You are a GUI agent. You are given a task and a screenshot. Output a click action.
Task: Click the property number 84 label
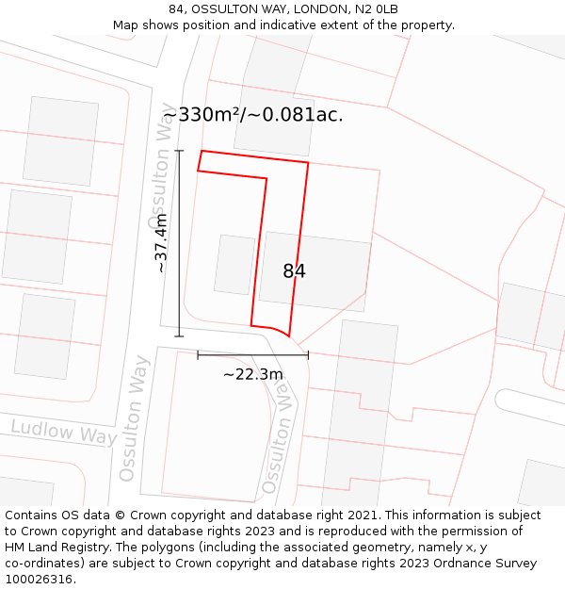tap(294, 271)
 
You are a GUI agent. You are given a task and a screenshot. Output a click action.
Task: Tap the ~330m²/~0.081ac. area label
tap(252, 115)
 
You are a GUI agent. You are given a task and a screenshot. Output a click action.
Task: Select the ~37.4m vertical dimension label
tap(162, 243)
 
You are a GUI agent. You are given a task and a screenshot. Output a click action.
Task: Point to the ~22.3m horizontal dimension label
tap(252, 374)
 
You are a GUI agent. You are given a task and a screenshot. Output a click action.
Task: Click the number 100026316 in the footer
tap(40, 580)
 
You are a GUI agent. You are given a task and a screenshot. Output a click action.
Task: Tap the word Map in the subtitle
tap(125, 25)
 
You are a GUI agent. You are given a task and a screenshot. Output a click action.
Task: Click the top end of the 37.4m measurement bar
tap(179, 150)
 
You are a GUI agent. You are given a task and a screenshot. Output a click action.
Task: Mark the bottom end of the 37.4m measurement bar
tap(179, 335)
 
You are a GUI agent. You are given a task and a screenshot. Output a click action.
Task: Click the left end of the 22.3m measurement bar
tap(198, 354)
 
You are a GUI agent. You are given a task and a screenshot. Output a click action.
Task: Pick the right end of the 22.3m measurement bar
tap(308, 354)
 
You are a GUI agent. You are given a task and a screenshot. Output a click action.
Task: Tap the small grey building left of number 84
tap(234, 264)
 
